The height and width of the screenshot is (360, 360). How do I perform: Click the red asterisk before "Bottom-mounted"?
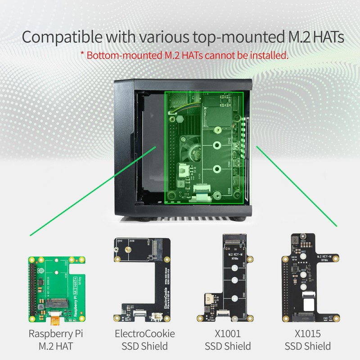(x=82, y=56)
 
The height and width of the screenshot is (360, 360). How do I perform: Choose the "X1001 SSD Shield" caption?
(x=228, y=340)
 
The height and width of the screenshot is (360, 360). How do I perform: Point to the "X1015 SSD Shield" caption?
(x=308, y=340)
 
